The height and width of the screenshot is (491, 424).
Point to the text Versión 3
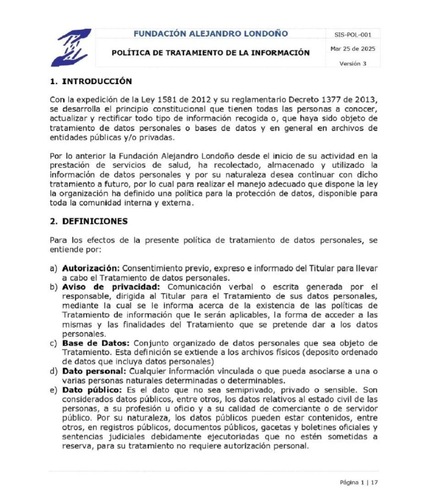coord(353,64)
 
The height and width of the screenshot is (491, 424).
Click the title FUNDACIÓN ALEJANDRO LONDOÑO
coord(211,33)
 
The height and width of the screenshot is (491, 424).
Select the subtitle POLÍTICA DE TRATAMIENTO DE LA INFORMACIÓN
coord(210,53)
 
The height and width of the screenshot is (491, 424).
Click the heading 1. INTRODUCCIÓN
coord(91,81)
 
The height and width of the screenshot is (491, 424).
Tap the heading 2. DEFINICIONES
coord(89,221)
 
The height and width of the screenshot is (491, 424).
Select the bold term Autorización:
coord(91,268)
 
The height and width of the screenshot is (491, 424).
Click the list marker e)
coord(54,390)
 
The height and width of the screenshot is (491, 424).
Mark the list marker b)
coord(54,287)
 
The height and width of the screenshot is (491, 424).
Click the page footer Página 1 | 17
coord(359,482)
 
